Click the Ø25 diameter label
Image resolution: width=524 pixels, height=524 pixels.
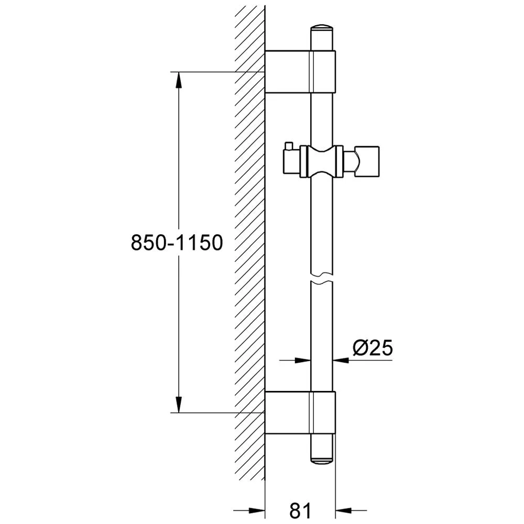pos(372,348)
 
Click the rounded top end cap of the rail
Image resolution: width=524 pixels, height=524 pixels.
pos(322,29)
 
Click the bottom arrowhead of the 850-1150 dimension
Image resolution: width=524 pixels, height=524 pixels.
pos(179,404)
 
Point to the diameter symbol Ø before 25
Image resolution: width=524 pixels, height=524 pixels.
pos(360,348)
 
